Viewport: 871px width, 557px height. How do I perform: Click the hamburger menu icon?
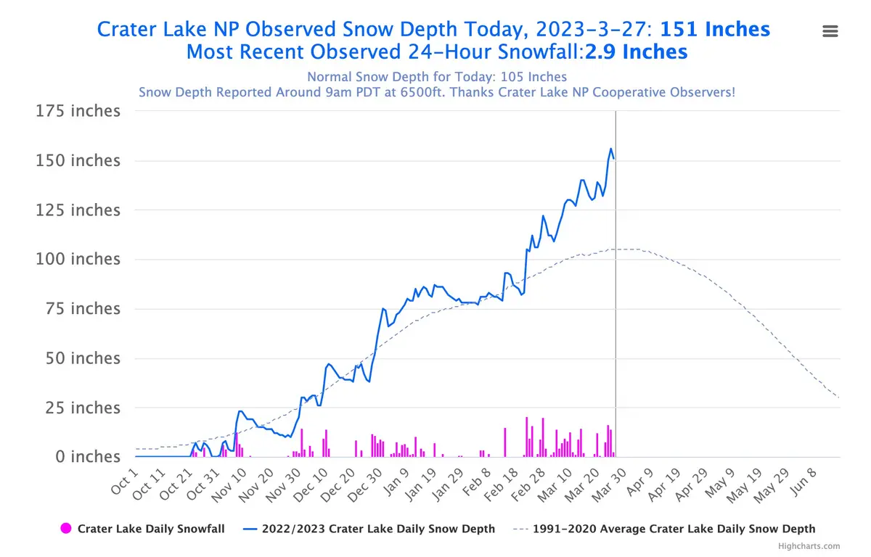point(830,30)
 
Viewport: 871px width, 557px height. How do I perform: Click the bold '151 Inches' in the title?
point(714,29)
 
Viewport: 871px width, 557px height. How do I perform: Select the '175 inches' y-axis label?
point(78,112)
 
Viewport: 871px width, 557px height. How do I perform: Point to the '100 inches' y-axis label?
point(78,260)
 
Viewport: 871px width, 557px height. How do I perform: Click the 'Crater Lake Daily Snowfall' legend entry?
point(150,529)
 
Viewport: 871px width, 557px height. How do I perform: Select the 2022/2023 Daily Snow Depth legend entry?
point(377,529)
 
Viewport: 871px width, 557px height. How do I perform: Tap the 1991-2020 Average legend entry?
point(674,529)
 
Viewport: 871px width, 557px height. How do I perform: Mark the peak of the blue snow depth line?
point(611,149)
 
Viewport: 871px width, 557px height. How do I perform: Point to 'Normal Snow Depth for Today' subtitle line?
point(436,77)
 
